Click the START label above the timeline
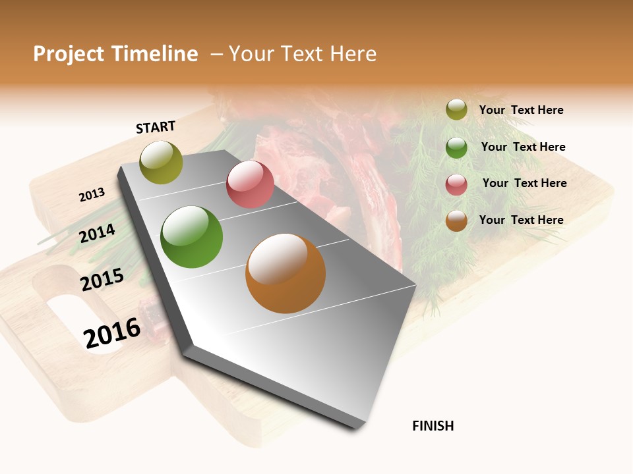156,127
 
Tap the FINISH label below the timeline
433,426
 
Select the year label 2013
92,195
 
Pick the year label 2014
97,233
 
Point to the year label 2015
102,279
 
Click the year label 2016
112,332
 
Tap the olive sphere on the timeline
162,162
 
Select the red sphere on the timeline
250,184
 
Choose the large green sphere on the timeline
192,237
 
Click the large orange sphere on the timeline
286,273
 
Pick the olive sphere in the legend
456,109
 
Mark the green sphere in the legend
456,147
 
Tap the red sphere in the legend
456,184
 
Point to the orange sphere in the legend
456,221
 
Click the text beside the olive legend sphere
521,110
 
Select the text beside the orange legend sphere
521,220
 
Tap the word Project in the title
69,54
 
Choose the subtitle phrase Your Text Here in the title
302,54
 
